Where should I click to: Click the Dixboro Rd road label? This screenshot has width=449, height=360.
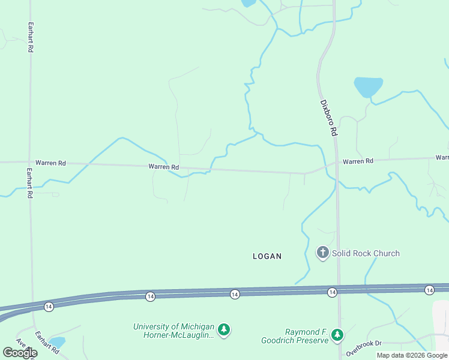[x=328, y=118]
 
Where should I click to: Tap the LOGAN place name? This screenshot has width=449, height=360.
[x=267, y=256]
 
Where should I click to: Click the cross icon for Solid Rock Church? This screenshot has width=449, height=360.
[x=323, y=253]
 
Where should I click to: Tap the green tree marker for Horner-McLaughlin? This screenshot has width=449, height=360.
[x=224, y=329]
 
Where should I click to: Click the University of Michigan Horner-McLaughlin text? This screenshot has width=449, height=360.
[x=173, y=331]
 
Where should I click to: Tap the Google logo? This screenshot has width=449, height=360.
[x=20, y=353]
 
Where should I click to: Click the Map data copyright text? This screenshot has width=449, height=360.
[x=412, y=355]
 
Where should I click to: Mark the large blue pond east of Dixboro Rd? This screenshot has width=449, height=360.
[x=368, y=86]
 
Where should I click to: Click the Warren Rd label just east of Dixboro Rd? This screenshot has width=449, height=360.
[x=358, y=161]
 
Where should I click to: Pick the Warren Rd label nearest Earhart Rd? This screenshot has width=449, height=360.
[x=50, y=163]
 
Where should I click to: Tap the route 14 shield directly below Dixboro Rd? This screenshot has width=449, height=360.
[x=332, y=292]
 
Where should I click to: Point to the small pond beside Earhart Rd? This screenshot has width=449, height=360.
[x=57, y=342]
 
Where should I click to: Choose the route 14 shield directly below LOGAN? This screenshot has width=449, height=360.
[x=235, y=293]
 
